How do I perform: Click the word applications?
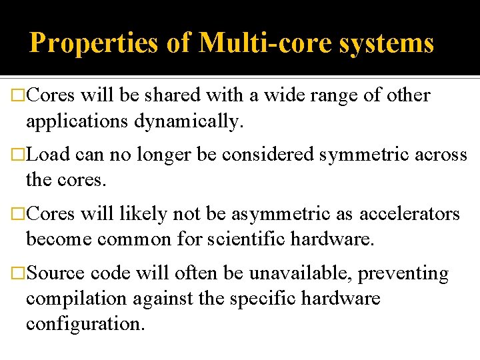77,121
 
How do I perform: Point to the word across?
442,155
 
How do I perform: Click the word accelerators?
410,214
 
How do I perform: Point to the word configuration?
85,324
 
